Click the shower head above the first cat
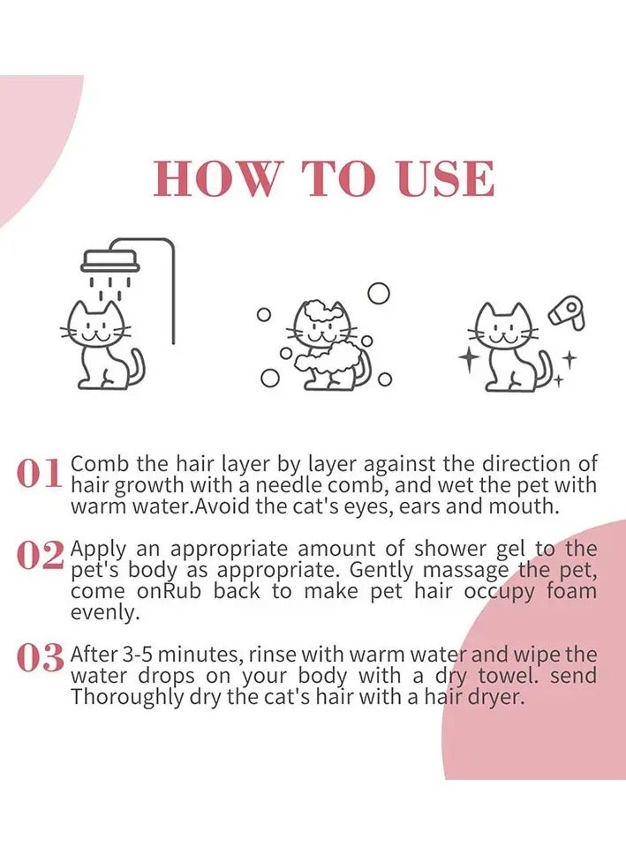point(110,261)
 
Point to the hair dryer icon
point(567,312)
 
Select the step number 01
point(39,474)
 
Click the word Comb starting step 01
point(101,464)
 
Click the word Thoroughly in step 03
point(126,698)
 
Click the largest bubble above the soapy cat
point(379,293)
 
